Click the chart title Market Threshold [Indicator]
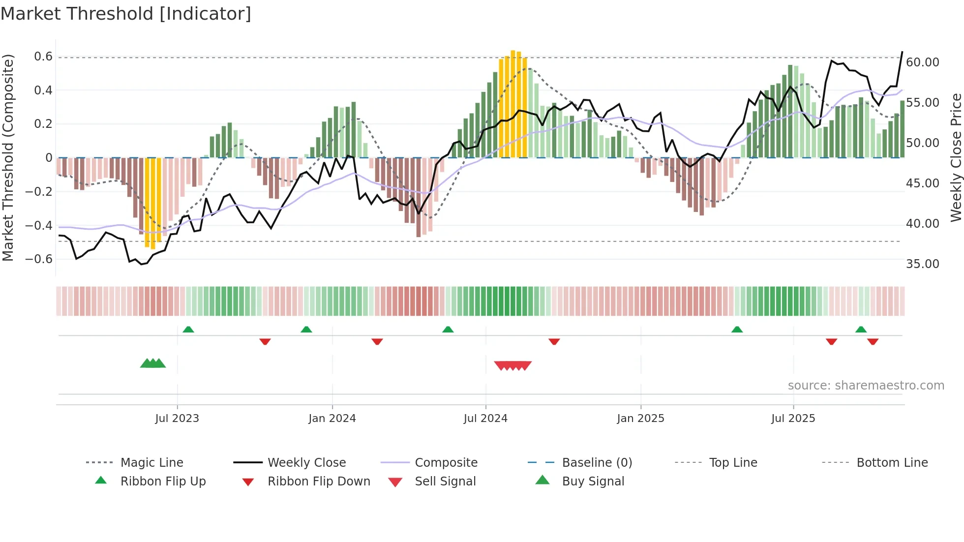(126, 14)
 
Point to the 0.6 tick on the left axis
(43, 57)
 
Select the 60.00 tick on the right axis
(922, 62)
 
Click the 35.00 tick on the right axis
(922, 264)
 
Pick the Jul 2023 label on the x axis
(177, 419)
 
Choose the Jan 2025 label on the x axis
(640, 419)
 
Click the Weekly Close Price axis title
(955, 157)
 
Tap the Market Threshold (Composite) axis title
(8, 157)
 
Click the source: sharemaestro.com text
(866, 386)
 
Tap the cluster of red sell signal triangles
(513, 365)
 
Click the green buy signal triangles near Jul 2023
(153, 363)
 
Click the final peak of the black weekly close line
(902, 52)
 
